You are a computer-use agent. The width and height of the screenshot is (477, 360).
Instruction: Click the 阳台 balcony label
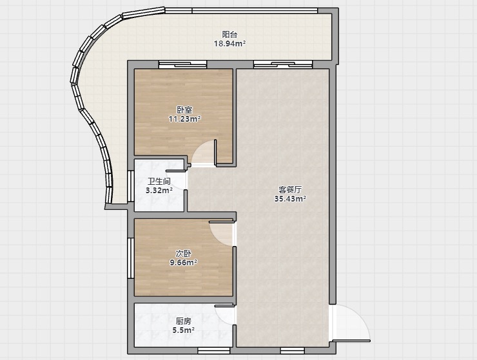click(x=229, y=34)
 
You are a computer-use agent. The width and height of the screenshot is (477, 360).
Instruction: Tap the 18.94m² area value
click(x=229, y=44)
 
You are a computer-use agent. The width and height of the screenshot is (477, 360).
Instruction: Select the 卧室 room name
click(x=184, y=109)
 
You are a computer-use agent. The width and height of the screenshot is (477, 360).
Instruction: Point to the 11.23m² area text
click(x=184, y=118)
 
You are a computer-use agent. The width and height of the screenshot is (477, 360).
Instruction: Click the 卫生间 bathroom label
click(x=159, y=182)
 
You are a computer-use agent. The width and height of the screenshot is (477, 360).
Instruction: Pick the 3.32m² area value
click(x=159, y=191)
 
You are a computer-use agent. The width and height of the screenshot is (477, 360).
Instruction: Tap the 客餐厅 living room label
click(x=290, y=190)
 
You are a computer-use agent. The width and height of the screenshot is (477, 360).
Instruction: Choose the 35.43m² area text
click(x=290, y=199)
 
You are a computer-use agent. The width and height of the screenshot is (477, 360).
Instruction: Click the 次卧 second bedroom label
click(x=184, y=253)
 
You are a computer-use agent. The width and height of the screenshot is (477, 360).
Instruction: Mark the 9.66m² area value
click(x=184, y=262)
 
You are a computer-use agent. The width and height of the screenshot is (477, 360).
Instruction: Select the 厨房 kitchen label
click(x=184, y=321)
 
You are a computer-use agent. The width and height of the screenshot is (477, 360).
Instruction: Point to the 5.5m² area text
click(x=184, y=330)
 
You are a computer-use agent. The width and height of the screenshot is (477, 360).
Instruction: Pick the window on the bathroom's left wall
click(x=130, y=186)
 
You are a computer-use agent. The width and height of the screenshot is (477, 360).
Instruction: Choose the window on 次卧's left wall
click(x=130, y=258)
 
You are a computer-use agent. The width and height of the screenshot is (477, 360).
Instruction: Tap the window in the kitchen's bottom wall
click(x=213, y=351)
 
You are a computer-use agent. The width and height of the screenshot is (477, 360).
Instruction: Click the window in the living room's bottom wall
click(x=293, y=351)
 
